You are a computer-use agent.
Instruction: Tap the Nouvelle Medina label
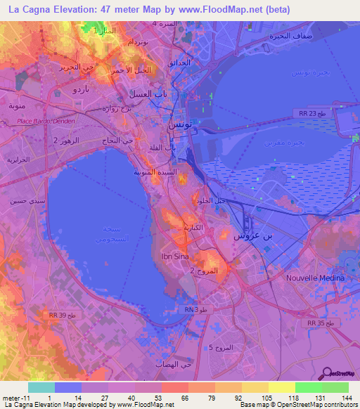tap(316, 278)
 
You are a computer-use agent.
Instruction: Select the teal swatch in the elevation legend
tap(41, 387)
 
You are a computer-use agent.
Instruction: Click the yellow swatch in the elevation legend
tap(281, 387)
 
